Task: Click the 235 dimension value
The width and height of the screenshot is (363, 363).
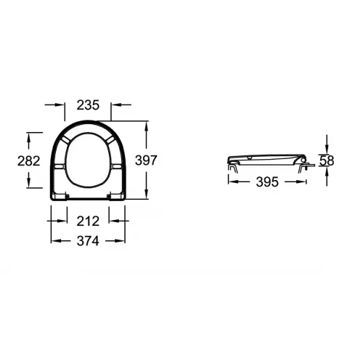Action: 88,105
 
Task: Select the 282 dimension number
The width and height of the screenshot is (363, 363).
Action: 28,161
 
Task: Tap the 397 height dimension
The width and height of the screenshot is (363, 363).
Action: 146,160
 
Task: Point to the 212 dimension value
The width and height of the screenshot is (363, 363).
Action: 88,221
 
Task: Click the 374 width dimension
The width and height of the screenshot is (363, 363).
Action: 88,241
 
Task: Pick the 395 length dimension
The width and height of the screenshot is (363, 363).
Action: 267,182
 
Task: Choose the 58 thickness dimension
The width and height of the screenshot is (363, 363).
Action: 327,160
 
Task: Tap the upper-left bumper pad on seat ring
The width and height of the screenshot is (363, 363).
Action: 66,139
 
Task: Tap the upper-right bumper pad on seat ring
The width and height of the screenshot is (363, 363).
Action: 110,139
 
